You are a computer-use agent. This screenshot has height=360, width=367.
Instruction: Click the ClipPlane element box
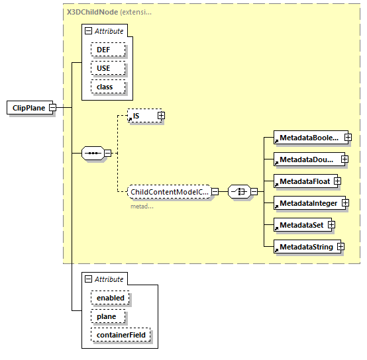click(27, 108)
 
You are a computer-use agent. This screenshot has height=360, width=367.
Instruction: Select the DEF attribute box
click(103, 50)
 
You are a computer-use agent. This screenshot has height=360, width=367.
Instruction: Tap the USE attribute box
click(103, 68)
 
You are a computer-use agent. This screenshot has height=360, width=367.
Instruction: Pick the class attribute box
click(105, 87)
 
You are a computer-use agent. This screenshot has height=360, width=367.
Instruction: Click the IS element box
click(141, 116)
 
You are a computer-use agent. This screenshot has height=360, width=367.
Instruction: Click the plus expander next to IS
click(161, 116)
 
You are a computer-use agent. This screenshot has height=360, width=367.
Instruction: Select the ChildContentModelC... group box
click(169, 192)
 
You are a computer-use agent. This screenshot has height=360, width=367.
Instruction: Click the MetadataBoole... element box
click(308, 138)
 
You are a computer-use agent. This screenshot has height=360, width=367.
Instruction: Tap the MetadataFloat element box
click(303, 181)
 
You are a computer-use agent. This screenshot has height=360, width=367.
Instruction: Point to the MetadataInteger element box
click(307, 203)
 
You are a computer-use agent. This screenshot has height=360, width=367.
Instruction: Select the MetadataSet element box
click(299, 225)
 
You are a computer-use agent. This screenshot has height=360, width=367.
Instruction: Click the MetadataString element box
click(305, 247)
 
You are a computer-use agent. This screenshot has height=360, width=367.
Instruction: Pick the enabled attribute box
click(110, 298)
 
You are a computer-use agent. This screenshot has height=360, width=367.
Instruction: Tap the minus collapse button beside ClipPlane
click(52, 108)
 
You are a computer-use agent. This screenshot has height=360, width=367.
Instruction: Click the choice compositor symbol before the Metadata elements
click(238, 192)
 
